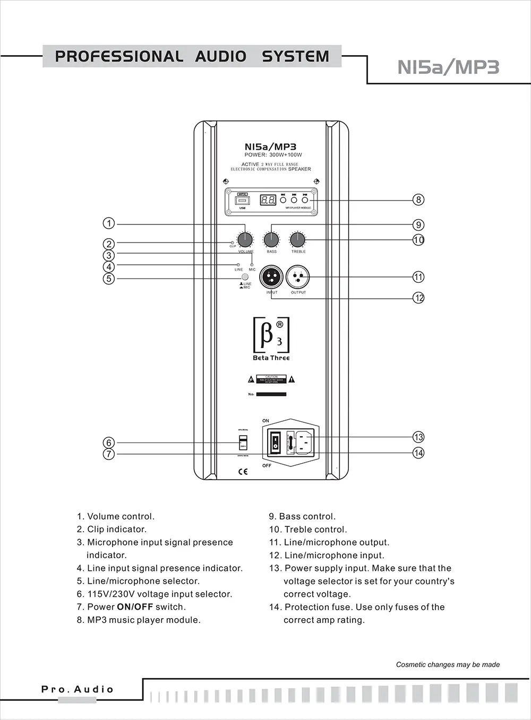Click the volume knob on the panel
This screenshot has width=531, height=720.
244,240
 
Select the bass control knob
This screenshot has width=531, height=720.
271,240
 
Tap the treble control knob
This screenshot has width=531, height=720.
298,240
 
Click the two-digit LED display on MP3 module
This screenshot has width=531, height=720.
268,200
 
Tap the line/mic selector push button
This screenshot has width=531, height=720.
245,277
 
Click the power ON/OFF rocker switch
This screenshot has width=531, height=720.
275,442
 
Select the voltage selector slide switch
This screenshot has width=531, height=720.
243,443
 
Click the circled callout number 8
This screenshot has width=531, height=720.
418,199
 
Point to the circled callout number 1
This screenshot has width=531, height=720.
108,223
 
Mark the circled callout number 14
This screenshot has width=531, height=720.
418,453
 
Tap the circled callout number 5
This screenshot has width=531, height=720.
108,279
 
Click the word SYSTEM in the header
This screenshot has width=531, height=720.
295,56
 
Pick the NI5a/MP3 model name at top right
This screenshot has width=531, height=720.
448,67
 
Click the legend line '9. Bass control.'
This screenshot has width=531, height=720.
302,516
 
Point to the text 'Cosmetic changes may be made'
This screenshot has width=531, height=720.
448,664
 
